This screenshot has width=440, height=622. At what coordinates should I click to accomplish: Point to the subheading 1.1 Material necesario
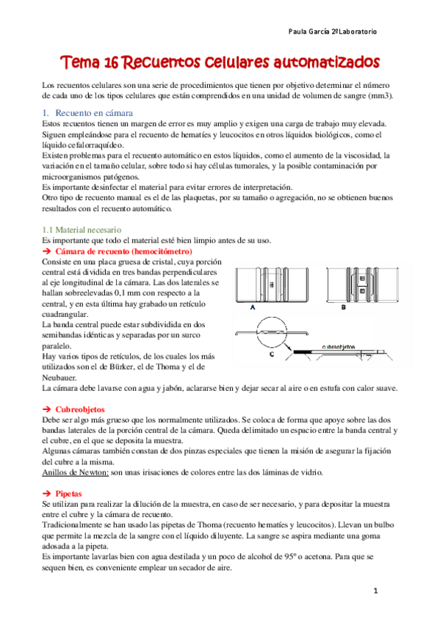click(82, 230)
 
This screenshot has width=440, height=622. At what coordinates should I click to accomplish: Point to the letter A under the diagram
click(253, 309)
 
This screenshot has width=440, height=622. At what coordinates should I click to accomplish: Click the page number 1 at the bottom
click(374, 590)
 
